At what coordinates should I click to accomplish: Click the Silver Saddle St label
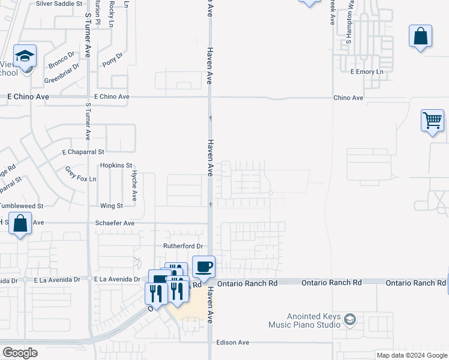(x=59, y=4)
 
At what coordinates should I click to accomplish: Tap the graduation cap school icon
(x=25, y=56)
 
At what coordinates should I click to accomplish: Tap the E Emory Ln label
(x=366, y=72)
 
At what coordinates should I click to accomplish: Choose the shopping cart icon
(x=432, y=121)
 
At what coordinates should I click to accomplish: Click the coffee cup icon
(x=203, y=266)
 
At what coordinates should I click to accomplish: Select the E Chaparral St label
(x=83, y=152)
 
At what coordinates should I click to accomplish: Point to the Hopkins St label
(x=116, y=166)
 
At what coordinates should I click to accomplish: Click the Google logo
(x=20, y=353)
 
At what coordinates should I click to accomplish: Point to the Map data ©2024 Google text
(x=412, y=355)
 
